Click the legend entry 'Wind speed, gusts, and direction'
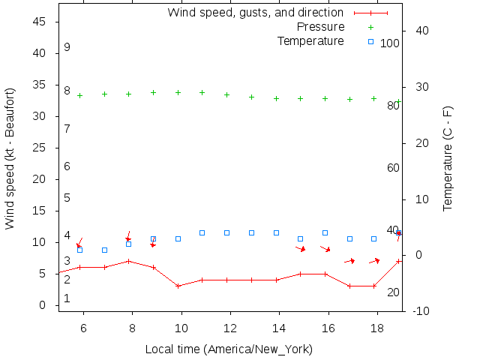click(255, 13)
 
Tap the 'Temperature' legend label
click(310, 41)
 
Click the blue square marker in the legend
click(370, 41)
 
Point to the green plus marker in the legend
click(370, 27)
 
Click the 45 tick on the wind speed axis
click(40, 22)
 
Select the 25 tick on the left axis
click(40, 148)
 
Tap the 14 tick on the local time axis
click(279, 328)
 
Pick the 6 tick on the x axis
click(83, 328)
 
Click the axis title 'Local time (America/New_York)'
click(229, 349)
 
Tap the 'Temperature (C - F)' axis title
click(448, 157)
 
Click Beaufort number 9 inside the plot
click(67, 47)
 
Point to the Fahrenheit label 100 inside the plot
click(390, 43)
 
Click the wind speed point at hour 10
click(178, 286)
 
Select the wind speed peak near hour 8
click(129, 261)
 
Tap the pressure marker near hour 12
click(226, 94)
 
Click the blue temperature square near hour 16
click(325, 233)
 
